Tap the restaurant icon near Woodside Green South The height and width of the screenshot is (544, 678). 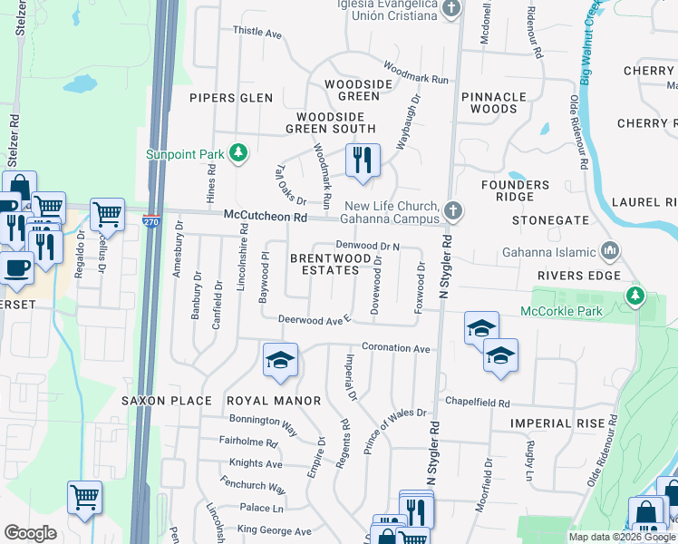pyautogui.click(x=362, y=161)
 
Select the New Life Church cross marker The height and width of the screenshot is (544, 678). pyautogui.click(x=453, y=211)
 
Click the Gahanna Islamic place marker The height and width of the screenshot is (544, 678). pyautogui.click(x=610, y=251)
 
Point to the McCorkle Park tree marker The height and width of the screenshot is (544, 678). pyautogui.click(x=635, y=296)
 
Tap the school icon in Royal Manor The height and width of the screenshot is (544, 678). pyautogui.click(x=280, y=360)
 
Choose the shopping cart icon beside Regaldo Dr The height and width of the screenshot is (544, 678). pyautogui.click(x=107, y=215)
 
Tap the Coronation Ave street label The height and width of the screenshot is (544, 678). pyautogui.click(x=395, y=348)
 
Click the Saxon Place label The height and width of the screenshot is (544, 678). pyautogui.click(x=167, y=400)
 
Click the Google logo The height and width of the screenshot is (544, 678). pyautogui.click(x=30, y=533)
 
